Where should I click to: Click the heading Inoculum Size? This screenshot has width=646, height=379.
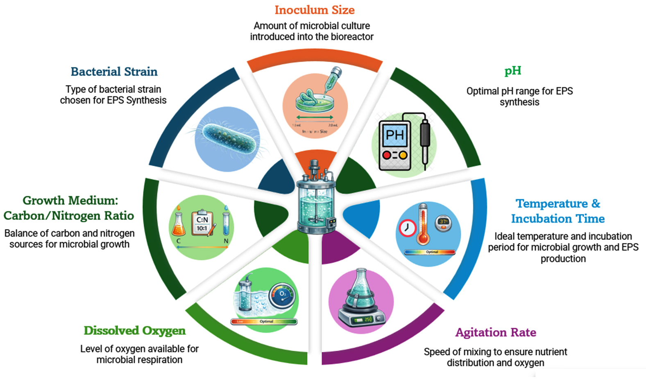tap(314, 10)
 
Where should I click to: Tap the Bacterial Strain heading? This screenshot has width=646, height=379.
tap(114, 72)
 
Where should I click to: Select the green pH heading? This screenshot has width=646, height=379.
tap(512, 71)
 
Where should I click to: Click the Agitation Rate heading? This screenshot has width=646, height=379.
tap(496, 332)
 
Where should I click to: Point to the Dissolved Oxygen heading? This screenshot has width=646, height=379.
tap(134, 331)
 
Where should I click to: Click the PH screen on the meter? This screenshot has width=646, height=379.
tap(394, 135)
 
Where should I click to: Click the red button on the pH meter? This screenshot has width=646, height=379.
tap(386, 155)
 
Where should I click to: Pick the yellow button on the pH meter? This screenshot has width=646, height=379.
tap(403, 155)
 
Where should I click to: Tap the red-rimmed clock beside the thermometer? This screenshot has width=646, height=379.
tap(407, 228)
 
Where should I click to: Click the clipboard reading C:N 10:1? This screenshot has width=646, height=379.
tap(202, 223)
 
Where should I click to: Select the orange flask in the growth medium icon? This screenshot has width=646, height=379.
tap(179, 225)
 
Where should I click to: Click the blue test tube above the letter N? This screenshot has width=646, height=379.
tap(226, 223)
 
